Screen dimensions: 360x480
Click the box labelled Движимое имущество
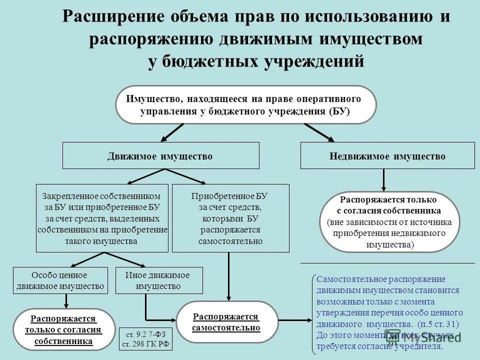[x=160, y=155]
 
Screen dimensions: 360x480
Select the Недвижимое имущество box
[x=387, y=155]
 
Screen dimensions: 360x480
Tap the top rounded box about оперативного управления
[x=245, y=104]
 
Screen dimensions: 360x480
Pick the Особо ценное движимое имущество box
[x=59, y=280]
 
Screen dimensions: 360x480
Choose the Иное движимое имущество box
[x=159, y=280]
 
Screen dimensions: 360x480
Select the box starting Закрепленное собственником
[x=101, y=218]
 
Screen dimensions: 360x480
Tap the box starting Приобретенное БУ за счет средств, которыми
[x=230, y=218]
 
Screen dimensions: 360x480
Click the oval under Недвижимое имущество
[x=389, y=220]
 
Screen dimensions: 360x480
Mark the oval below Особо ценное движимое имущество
[x=63, y=329]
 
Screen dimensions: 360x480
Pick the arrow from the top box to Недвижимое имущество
[x=320, y=131]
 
